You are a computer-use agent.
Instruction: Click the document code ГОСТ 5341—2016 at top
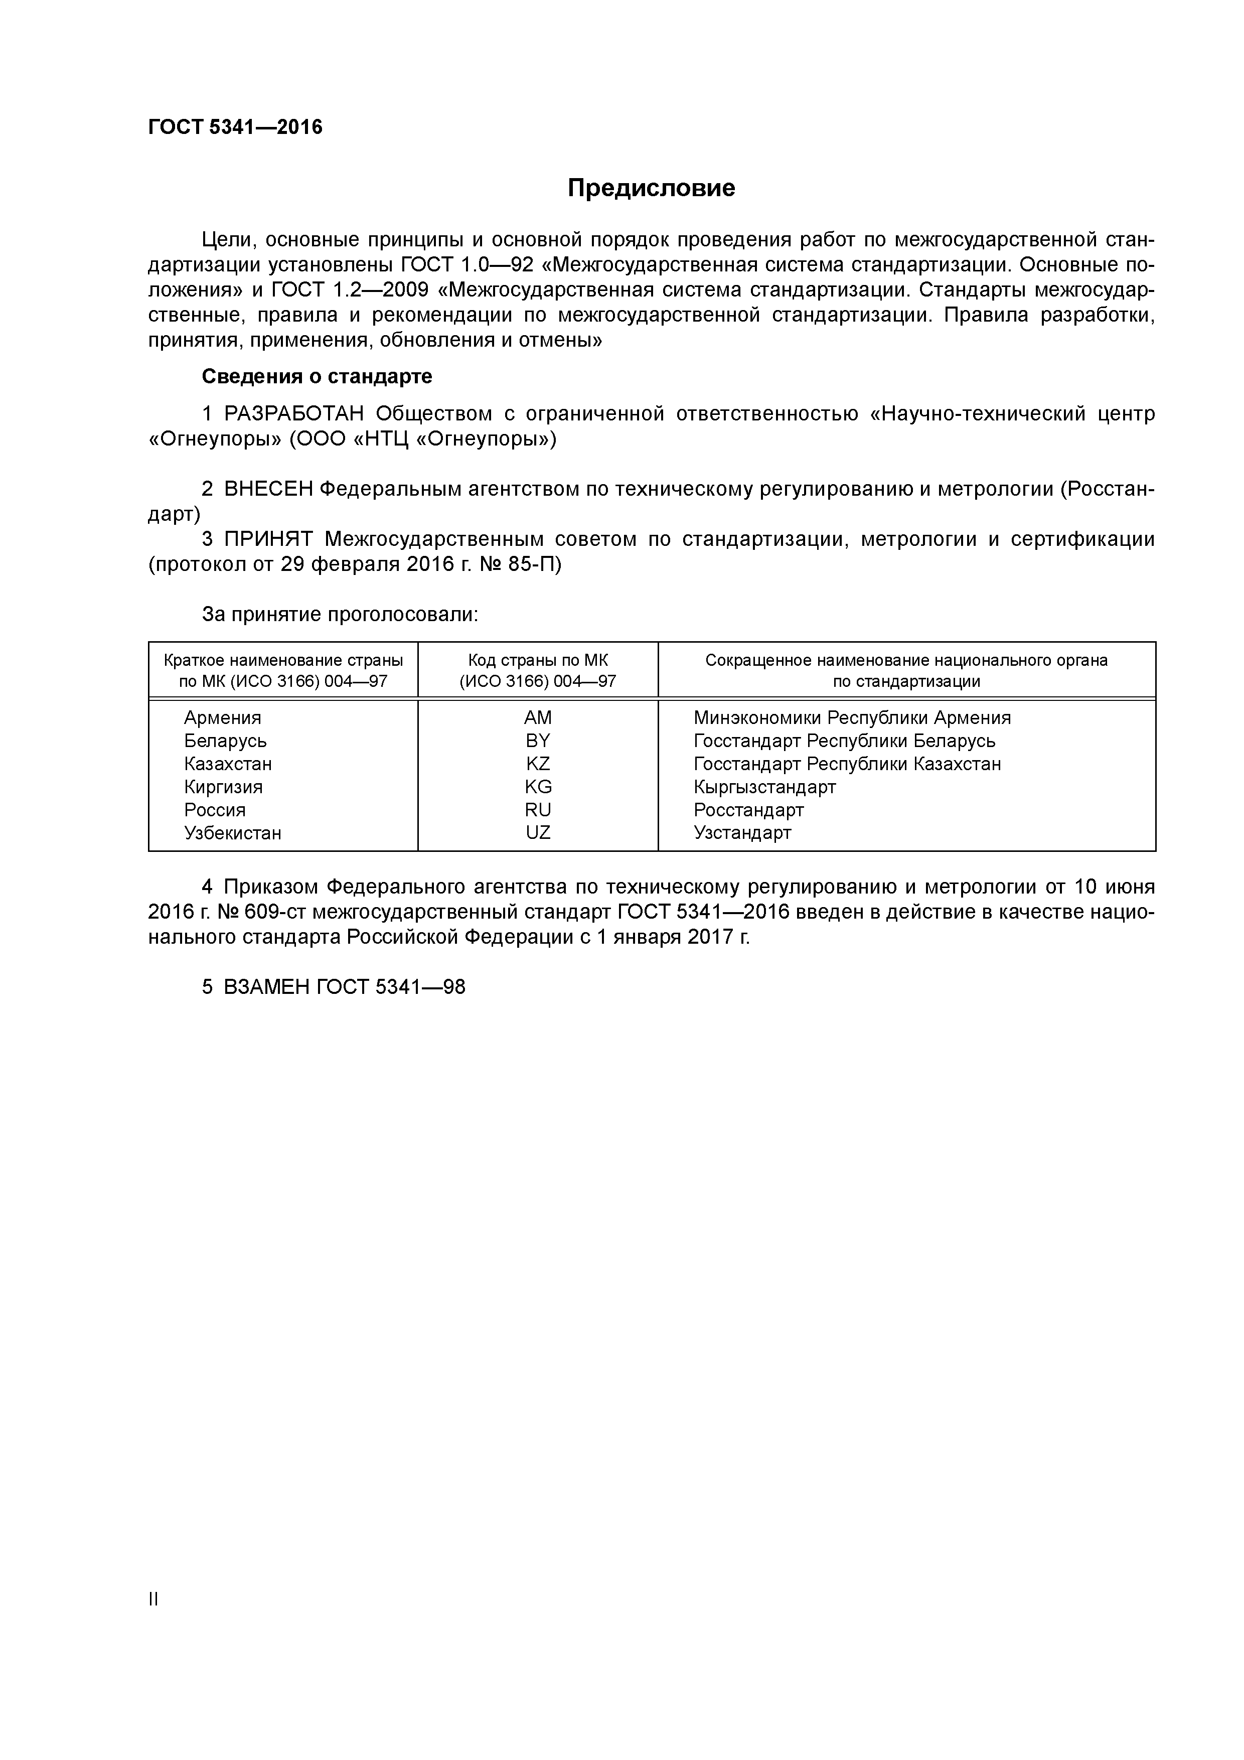pos(235,127)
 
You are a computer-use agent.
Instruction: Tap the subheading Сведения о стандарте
pos(317,376)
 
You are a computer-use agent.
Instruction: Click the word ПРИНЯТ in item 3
pos(268,540)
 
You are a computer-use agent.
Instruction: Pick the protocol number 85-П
pos(534,565)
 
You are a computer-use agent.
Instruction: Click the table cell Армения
pos(222,717)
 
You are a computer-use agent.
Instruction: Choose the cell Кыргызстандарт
pos(764,787)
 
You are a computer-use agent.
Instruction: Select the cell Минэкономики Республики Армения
pos(852,717)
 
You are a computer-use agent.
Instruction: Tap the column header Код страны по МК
pos(537,661)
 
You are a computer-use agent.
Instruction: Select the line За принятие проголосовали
pos(340,615)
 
